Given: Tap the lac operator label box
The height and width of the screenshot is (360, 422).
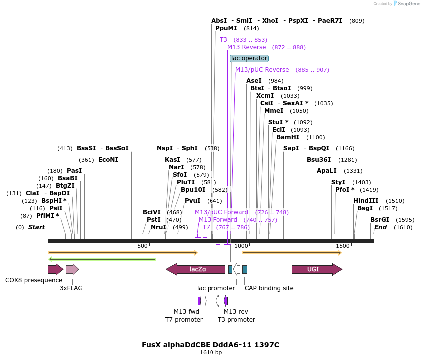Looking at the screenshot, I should [x=249, y=58].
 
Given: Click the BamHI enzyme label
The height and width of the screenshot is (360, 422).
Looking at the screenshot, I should [x=287, y=137].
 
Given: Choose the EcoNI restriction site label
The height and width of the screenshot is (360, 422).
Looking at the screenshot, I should [x=108, y=160].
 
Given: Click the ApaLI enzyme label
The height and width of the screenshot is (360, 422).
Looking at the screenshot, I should [x=326, y=171].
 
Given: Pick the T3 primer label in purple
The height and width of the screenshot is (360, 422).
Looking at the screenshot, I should [x=223, y=40].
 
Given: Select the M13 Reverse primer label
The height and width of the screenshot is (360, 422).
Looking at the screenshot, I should [x=247, y=47].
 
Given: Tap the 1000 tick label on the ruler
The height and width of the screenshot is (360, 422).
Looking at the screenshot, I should [x=242, y=246].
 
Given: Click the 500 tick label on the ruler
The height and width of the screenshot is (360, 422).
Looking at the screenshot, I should [x=142, y=246].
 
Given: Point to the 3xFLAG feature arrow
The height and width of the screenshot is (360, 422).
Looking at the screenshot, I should [x=72, y=270].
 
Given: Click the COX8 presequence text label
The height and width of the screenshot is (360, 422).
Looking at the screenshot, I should [x=34, y=280].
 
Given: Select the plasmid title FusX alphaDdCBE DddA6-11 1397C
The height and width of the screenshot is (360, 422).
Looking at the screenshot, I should [x=210, y=345].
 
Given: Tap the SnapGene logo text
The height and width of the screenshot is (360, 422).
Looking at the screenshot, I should [x=408, y=4].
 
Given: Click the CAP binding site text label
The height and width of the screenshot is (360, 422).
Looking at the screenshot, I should [x=269, y=288].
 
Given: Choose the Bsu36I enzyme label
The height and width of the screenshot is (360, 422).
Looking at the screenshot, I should [x=319, y=160].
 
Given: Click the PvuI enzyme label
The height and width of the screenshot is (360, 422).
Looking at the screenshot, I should [x=192, y=201].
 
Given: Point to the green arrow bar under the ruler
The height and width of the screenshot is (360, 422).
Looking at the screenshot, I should [x=102, y=259].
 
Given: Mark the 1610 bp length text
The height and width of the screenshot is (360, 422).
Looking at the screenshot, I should [x=211, y=353].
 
